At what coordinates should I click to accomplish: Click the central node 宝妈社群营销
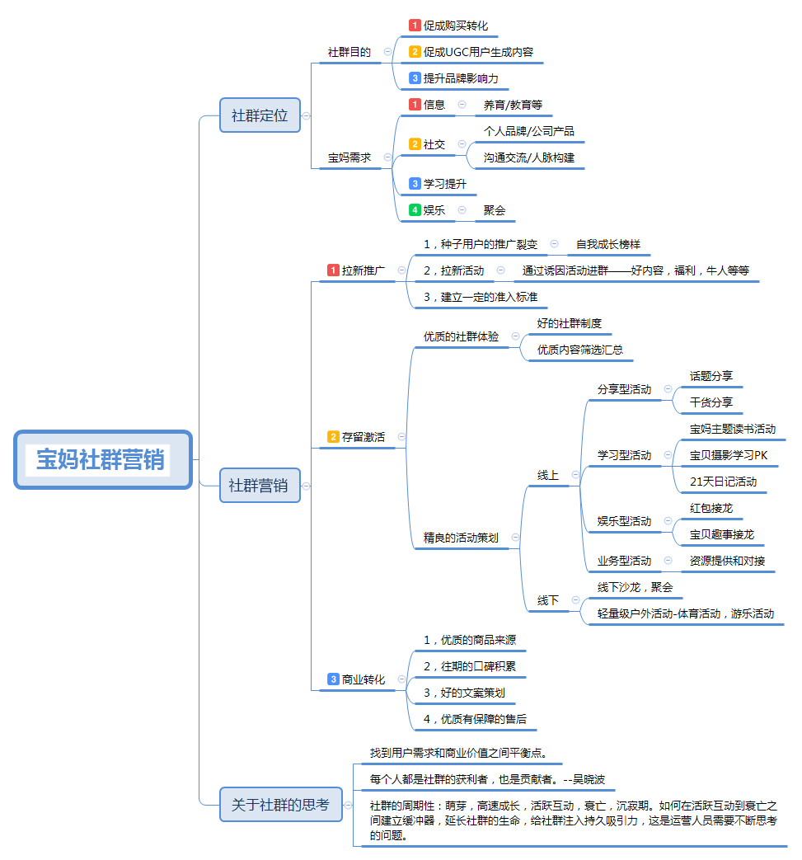pyautogui.click(x=102, y=459)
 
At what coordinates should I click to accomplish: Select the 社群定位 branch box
pyautogui.click(x=260, y=115)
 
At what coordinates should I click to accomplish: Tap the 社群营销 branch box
pyautogui.click(x=259, y=485)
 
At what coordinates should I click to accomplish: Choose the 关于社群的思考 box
pyautogui.click(x=280, y=804)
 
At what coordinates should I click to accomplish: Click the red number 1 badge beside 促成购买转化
pyautogui.click(x=415, y=26)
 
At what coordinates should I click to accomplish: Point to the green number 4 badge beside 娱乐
pyautogui.click(x=415, y=210)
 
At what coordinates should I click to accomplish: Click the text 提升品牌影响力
pyautogui.click(x=461, y=78)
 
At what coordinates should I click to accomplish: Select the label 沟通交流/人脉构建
pyautogui.click(x=529, y=157)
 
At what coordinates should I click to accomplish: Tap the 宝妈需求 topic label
pyautogui.click(x=349, y=157)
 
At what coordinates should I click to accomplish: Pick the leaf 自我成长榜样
pyautogui.click(x=608, y=244)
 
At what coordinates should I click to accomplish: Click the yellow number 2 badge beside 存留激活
pyautogui.click(x=333, y=437)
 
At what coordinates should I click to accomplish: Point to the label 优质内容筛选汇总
pyautogui.click(x=580, y=350)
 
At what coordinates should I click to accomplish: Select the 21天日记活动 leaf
pyautogui.click(x=723, y=482)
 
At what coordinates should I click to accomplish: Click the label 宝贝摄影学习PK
pyautogui.click(x=729, y=455)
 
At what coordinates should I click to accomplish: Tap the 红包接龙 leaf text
pyautogui.click(x=711, y=508)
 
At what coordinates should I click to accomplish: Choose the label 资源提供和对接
pyautogui.click(x=727, y=561)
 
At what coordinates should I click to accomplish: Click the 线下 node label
pyautogui.click(x=548, y=600)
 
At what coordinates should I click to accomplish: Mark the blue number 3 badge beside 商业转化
pyautogui.click(x=333, y=679)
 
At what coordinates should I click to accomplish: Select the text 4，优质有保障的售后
pyautogui.click(x=475, y=719)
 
